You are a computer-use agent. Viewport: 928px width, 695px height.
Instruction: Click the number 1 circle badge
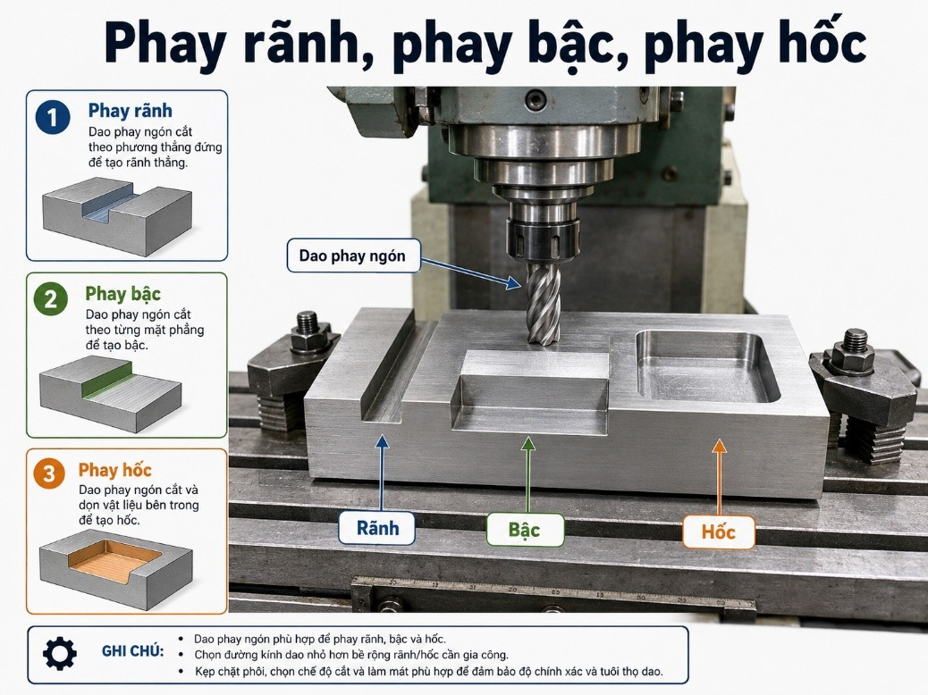53,116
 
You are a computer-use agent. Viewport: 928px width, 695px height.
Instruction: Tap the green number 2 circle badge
51,298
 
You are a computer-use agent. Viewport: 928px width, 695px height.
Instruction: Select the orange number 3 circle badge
49,473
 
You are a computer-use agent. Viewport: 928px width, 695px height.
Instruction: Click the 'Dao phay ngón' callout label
353,255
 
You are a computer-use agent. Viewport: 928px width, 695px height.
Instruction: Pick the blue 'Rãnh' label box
377,528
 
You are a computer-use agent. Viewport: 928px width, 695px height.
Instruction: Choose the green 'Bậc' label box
525,530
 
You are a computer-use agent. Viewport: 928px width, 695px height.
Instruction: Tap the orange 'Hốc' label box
719,532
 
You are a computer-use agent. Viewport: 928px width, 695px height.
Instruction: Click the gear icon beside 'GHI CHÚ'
60,654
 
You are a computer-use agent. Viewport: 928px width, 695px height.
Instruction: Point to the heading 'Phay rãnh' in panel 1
131,111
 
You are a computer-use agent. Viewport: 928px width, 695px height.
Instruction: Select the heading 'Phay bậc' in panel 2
122,293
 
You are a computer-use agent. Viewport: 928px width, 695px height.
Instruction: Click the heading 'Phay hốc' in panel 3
114,470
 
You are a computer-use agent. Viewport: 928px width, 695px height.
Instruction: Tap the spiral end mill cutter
543,304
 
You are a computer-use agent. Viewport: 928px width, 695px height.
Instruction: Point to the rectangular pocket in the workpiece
707,365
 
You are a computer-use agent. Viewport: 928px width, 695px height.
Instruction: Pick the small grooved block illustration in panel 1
117,215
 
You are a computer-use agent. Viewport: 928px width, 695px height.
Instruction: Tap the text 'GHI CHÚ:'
132,651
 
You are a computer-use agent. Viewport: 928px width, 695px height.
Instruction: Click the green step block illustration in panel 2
111,393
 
